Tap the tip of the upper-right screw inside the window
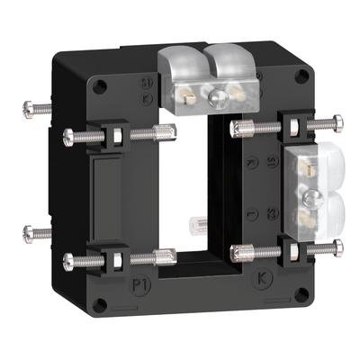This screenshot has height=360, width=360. [x=236, y=126]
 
